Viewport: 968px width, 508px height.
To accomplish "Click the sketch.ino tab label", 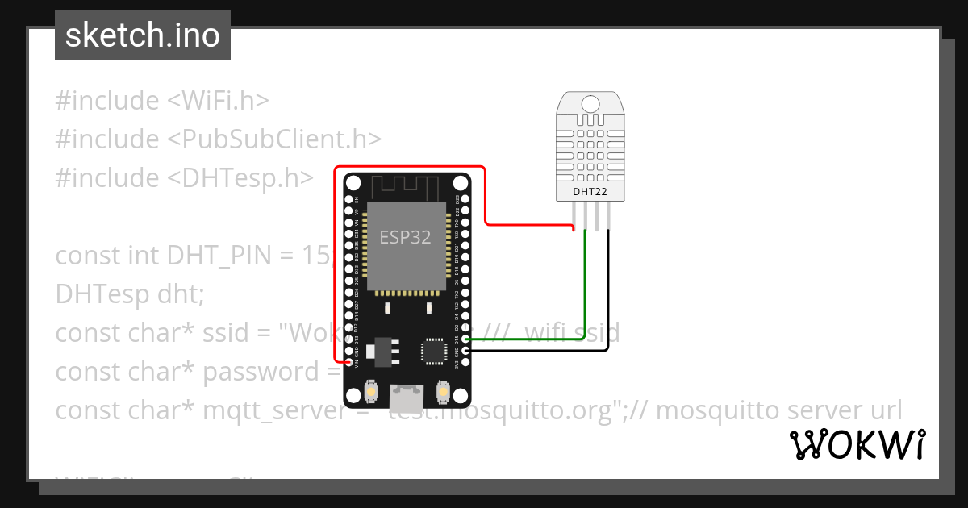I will pos(143,35).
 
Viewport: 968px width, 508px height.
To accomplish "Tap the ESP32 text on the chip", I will pos(405,237).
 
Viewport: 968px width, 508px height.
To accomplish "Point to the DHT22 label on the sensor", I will pos(590,192).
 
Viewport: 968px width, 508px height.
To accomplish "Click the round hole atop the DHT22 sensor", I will pos(590,103).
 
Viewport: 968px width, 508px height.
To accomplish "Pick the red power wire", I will pos(485,194).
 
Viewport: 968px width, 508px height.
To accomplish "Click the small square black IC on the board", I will pos(433,352).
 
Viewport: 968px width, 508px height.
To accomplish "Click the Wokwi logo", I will pos(857,445).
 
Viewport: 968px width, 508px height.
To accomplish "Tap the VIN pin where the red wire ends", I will pos(348,364).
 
